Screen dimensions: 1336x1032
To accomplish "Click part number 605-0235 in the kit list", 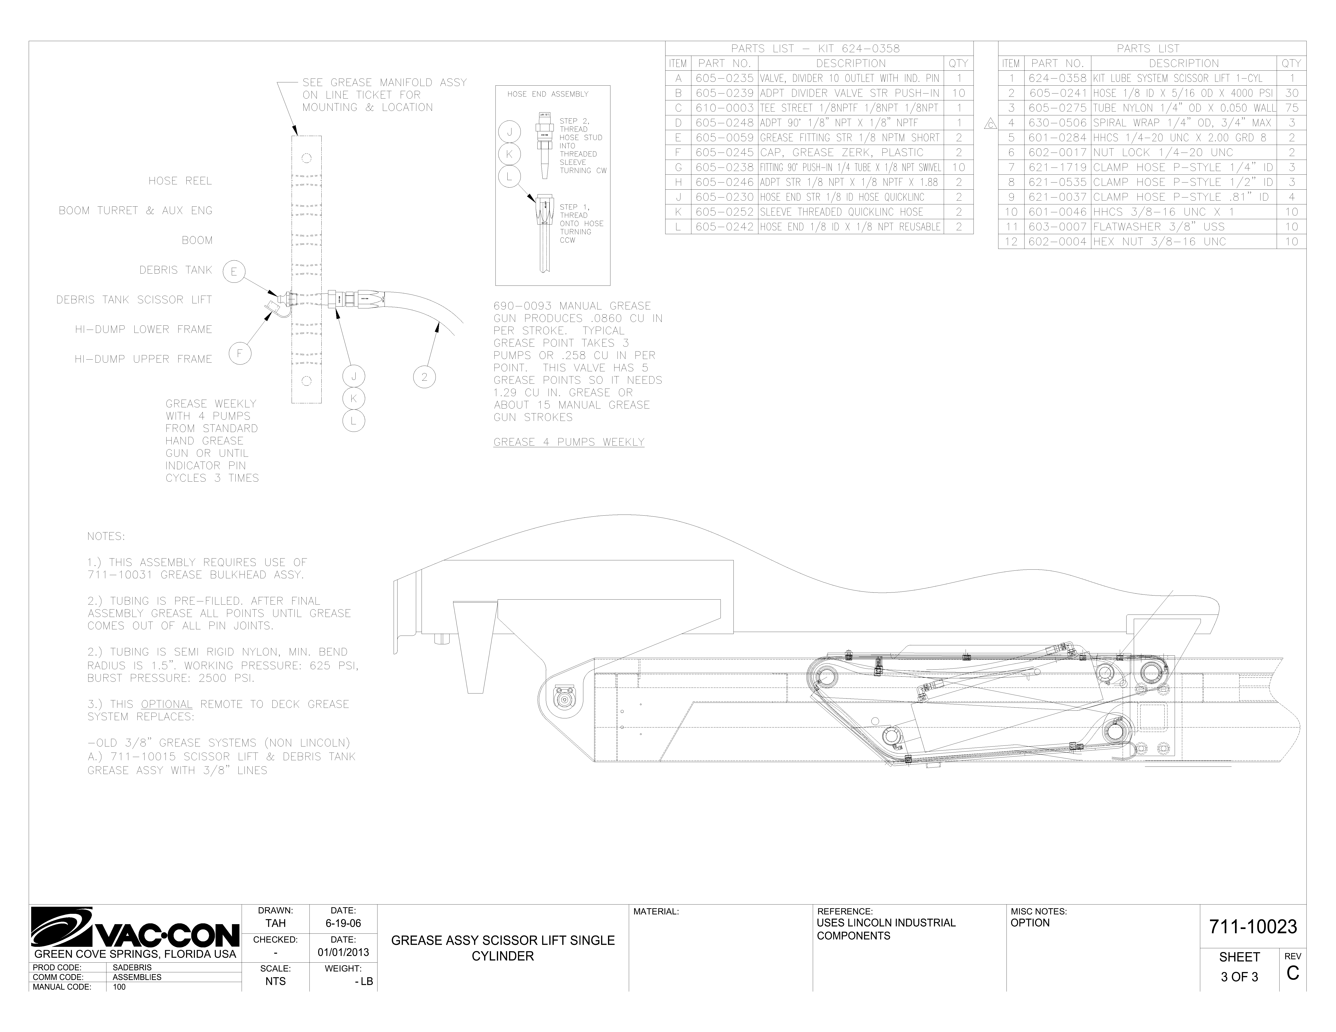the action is pyautogui.click(x=724, y=78).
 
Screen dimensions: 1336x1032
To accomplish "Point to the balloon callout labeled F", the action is pyautogui.click(x=240, y=354).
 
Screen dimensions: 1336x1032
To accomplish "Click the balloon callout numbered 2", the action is pyautogui.click(x=425, y=377).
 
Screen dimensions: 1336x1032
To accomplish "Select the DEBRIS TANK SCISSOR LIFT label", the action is pyautogui.click(x=134, y=300).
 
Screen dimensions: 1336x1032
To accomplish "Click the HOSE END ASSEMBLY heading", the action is pyautogui.click(x=547, y=94).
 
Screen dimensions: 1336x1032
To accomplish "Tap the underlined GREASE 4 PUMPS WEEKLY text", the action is pyautogui.click(x=569, y=442).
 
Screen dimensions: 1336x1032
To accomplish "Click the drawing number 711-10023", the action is pyautogui.click(x=1253, y=927).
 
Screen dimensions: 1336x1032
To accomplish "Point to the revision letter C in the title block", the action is pyautogui.click(x=1292, y=973).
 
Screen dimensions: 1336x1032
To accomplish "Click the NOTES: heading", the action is pyautogui.click(x=106, y=536).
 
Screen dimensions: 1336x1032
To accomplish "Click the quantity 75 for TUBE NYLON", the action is pyautogui.click(x=1292, y=108).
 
